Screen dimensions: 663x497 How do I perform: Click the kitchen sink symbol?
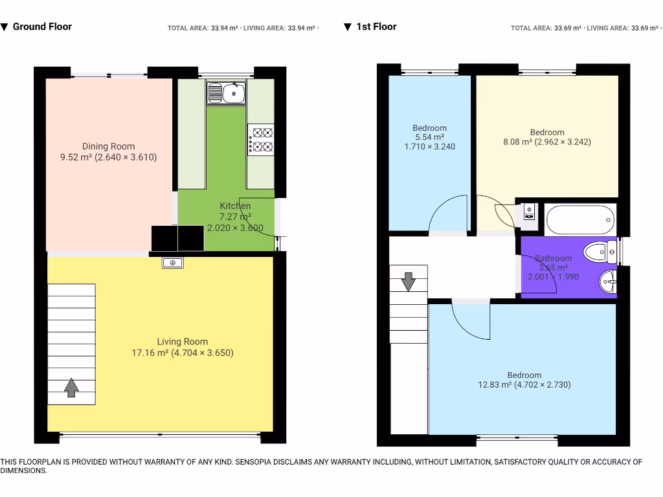226,93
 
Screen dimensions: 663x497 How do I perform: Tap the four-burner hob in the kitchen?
261,140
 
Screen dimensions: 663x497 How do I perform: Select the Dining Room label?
108,146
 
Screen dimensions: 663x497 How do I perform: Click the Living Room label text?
182,342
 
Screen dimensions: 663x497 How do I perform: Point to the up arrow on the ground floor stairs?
71,388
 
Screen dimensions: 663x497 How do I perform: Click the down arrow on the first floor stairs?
408,282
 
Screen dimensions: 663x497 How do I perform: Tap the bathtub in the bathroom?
580,220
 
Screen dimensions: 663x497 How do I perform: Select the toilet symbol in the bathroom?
600,252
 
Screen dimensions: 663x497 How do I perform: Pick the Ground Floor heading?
42,27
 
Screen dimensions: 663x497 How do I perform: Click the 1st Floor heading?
376,27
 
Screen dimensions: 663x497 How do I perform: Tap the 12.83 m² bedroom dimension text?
524,384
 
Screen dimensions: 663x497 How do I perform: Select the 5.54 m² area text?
430,137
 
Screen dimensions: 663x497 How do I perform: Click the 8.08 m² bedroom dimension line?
547,142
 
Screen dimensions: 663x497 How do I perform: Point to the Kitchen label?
235,206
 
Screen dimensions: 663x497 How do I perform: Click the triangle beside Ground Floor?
5,27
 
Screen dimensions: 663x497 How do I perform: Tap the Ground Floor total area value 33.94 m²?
225,28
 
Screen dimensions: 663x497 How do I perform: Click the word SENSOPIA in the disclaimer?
253,462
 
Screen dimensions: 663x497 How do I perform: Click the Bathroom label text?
553,258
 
